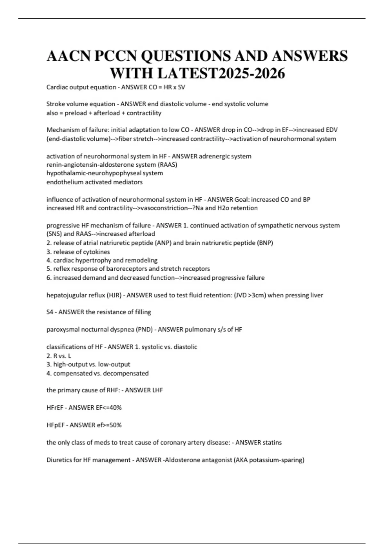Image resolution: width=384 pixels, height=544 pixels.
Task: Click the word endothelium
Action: [x=64, y=182]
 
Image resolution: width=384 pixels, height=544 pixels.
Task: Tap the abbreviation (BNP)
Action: [x=265, y=243]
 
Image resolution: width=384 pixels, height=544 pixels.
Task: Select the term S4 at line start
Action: [x=50, y=312]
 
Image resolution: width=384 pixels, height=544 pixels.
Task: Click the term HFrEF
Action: [x=55, y=408]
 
